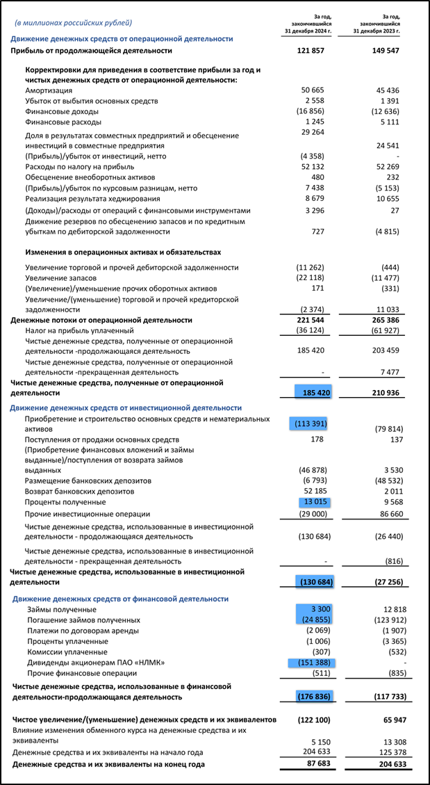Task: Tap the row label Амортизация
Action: click(49, 90)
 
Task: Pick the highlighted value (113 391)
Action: click(309, 423)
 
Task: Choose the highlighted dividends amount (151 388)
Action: click(311, 663)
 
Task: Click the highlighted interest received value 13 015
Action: click(314, 501)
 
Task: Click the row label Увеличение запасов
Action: click(63, 278)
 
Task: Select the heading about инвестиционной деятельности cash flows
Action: click(126, 407)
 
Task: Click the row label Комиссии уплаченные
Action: click(66, 652)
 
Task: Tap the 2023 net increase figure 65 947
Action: click(390, 718)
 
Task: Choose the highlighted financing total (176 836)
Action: click(311, 695)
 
